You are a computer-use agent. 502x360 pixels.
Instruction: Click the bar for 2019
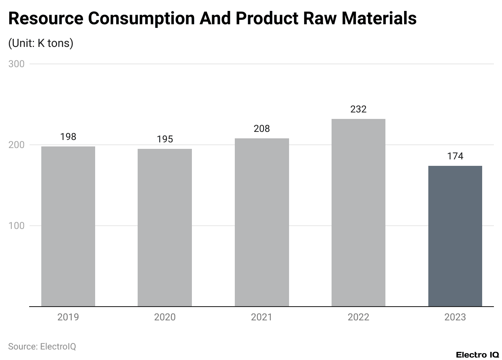68,227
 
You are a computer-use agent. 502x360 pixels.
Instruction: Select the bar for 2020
165,228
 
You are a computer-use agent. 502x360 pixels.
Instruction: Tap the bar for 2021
262,222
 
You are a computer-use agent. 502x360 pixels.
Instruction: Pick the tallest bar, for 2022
358,213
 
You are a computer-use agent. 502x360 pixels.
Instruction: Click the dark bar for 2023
455,236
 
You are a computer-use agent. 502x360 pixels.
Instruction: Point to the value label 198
68,137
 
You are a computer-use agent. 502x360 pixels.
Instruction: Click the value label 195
165,139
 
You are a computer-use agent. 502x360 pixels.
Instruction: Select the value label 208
262,129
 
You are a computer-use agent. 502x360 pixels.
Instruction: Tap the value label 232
358,109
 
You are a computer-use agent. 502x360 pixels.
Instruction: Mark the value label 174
455,156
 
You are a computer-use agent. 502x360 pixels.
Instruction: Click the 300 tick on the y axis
17,64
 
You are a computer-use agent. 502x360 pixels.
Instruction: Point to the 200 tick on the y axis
17,145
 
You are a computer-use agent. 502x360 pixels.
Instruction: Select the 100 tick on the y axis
17,226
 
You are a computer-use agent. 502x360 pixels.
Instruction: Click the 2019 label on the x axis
68,317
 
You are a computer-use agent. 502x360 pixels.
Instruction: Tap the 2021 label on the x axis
262,317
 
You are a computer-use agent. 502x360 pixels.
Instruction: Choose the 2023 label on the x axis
455,317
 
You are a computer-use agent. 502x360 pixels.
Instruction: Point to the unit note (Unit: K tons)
40,43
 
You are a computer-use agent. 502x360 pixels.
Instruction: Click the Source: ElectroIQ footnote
42,347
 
